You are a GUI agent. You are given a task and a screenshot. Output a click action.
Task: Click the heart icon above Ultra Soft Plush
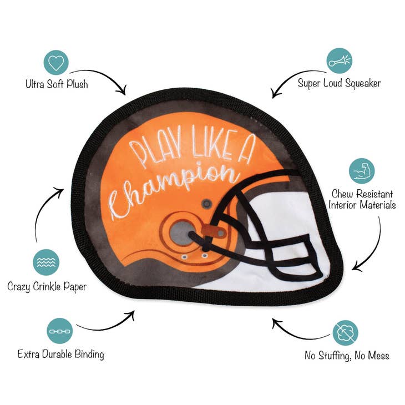pos(56,63)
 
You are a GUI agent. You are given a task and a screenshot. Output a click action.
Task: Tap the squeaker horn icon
pos(339,61)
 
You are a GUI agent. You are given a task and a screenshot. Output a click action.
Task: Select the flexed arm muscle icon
pos(362,171)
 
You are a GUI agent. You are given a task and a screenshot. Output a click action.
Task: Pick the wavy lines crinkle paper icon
pos(46,262)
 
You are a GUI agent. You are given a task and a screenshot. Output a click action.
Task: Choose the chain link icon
pos(60,331)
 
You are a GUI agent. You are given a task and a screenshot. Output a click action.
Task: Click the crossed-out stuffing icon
pos(345,333)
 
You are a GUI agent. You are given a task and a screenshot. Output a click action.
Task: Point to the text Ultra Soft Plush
pos(57,84)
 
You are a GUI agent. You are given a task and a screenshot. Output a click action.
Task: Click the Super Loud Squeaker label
pos(339,83)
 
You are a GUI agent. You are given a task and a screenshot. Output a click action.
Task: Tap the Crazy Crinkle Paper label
pos(47,287)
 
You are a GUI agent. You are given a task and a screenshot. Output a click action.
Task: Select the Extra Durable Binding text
pos(60,355)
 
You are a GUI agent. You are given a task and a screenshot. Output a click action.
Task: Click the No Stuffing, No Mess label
pos(347,356)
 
